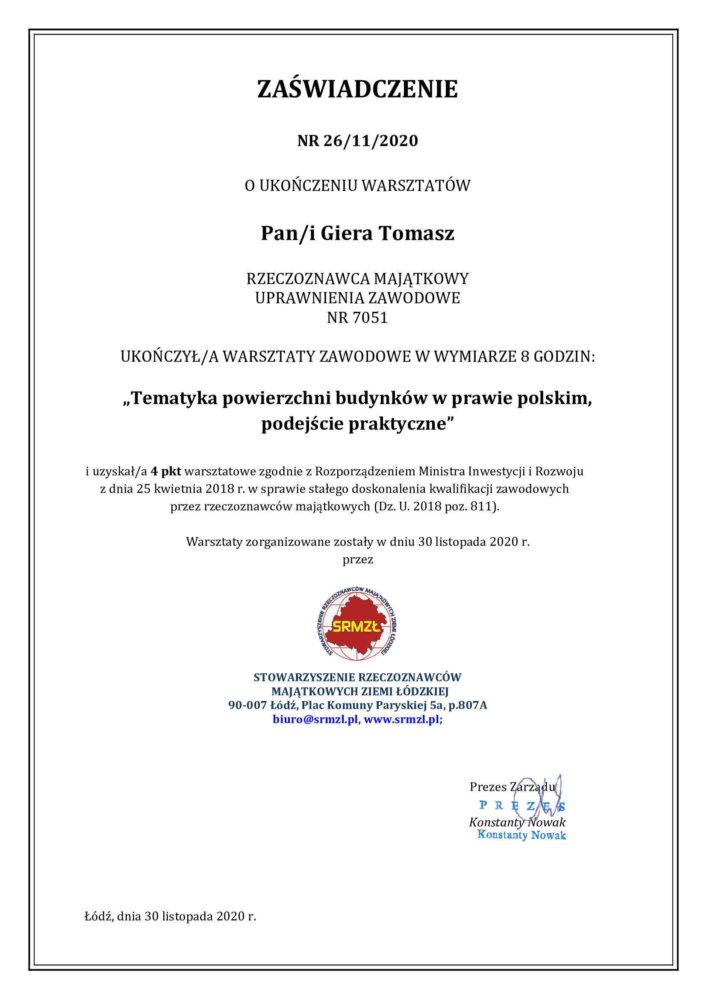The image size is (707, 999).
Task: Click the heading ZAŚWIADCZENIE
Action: (x=357, y=89)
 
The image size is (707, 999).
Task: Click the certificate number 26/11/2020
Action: (x=371, y=141)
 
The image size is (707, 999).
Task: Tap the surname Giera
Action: (x=347, y=233)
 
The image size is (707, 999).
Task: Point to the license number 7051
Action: (x=370, y=318)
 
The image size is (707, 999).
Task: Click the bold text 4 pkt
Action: (x=166, y=471)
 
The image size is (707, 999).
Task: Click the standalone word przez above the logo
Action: (x=358, y=560)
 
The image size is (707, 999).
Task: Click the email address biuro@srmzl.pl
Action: (x=315, y=719)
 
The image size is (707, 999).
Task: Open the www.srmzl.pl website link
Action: (x=401, y=719)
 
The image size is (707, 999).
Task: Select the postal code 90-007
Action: (x=247, y=705)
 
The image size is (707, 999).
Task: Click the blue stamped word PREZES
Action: (x=522, y=806)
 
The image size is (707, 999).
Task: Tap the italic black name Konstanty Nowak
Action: (x=517, y=822)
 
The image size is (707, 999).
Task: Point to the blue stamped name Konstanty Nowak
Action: (x=521, y=835)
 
